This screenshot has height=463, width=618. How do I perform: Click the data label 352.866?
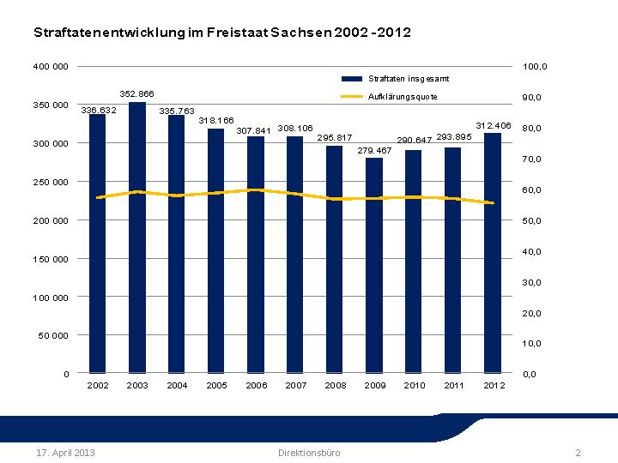tap(136, 93)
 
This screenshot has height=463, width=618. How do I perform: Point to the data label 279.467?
tap(374, 150)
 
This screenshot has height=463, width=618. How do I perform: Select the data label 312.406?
tap(494, 125)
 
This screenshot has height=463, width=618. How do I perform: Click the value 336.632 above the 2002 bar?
tap(98, 110)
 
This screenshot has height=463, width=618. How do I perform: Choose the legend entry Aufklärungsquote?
tap(403, 97)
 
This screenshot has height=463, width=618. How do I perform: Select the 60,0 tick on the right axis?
tap(532, 190)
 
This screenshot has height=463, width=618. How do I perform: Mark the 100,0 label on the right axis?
tap(535, 67)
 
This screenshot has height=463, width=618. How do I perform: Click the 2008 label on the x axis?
tap(336, 385)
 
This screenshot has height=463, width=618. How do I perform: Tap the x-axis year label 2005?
tap(216, 385)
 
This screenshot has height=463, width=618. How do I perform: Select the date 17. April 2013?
tap(65, 453)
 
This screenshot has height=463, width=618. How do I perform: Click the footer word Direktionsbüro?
tap(309, 453)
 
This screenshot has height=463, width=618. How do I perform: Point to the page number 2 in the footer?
tap(578, 453)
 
